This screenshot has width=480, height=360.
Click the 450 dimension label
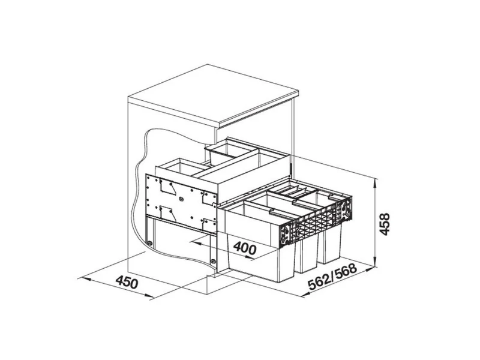coord(127,282)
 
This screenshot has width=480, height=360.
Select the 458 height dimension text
coord(384,224)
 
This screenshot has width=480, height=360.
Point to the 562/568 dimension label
coord(332,277)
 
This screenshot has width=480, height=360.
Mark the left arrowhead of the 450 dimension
coord(83,278)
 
